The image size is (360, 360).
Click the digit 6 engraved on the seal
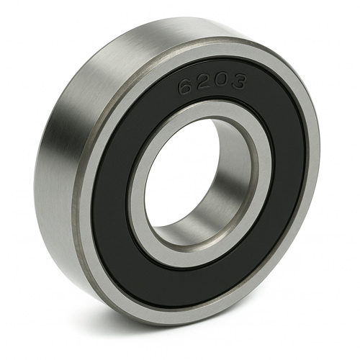185,87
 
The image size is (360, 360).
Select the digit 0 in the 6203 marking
218,80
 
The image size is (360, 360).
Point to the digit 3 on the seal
237,81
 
